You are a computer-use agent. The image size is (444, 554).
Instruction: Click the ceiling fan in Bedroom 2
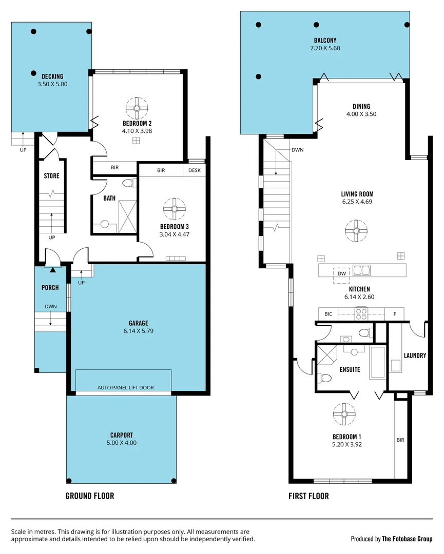tap(137, 107)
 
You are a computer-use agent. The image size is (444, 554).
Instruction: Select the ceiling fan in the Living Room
tap(355, 230)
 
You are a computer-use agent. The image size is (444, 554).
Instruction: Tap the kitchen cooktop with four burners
tap(361, 313)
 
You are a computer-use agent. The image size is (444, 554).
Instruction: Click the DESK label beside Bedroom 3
tap(195, 170)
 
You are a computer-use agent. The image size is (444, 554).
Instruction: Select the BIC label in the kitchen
tap(328, 313)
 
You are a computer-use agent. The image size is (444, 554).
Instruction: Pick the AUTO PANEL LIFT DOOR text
tap(126, 388)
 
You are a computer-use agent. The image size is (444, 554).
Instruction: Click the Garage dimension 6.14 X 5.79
tap(138, 331)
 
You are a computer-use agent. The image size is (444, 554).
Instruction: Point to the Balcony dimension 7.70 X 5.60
tap(325, 48)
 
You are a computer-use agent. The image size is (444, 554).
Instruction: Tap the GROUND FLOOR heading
tap(90, 496)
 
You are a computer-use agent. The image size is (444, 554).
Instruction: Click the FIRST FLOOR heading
tap(308, 496)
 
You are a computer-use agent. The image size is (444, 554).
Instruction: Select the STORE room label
tap(51, 176)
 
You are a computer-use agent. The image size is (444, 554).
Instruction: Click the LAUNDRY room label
tap(415, 355)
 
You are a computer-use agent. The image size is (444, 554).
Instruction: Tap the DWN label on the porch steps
tap(50, 307)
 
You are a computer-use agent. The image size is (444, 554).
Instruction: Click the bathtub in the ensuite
tap(377, 363)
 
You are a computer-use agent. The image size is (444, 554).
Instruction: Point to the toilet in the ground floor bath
tap(128, 183)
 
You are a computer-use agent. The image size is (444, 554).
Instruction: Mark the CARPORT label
tap(122, 435)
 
